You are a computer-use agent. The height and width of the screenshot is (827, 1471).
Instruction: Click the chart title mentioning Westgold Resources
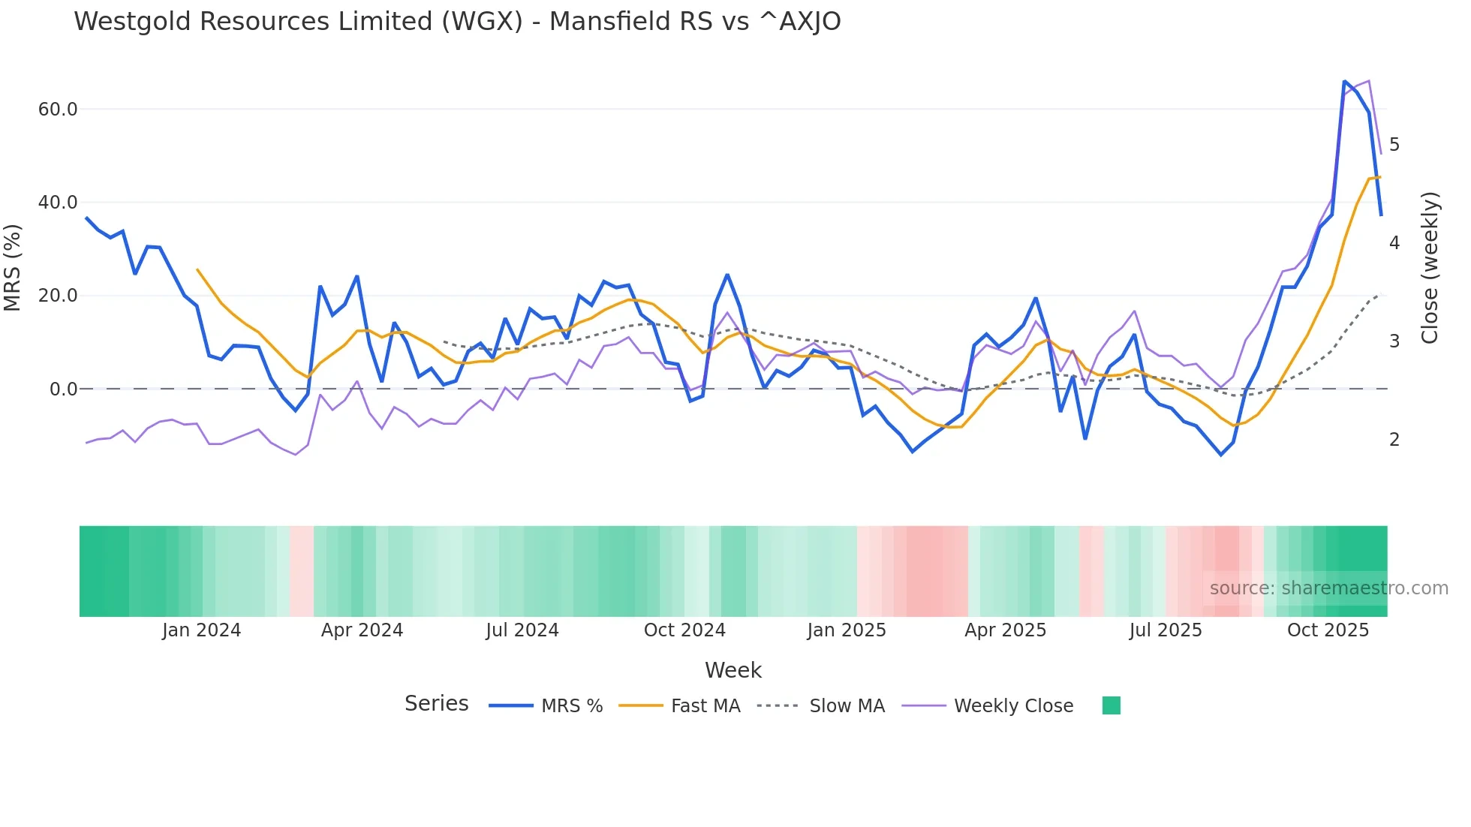[457, 22]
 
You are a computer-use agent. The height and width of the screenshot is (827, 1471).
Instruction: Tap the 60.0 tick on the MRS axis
[58, 110]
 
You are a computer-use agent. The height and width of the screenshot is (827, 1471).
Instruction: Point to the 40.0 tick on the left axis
[58, 203]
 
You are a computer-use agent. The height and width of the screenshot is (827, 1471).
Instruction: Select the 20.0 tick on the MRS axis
[58, 296]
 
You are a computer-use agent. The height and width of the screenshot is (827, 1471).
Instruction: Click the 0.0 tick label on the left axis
[63, 389]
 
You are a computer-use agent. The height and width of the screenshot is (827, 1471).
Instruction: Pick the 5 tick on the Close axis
[1394, 145]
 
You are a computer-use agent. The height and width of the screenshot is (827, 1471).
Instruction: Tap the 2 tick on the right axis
[1394, 440]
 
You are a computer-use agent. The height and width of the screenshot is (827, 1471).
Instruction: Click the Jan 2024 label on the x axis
[201, 630]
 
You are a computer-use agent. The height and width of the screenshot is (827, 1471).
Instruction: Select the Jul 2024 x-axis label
[522, 630]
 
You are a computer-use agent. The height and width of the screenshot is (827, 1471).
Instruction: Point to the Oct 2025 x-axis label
[1328, 630]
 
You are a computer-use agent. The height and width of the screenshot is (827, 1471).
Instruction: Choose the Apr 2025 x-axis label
[1005, 630]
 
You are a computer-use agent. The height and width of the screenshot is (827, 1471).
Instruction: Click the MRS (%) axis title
[13, 268]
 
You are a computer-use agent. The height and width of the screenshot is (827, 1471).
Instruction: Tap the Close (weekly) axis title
[1430, 268]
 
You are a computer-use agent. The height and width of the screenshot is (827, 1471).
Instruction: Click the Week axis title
[732, 670]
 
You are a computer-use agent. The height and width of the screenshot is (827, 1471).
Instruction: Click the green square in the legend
[1111, 705]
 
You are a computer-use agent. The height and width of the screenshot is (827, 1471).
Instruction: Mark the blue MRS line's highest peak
[1344, 81]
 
